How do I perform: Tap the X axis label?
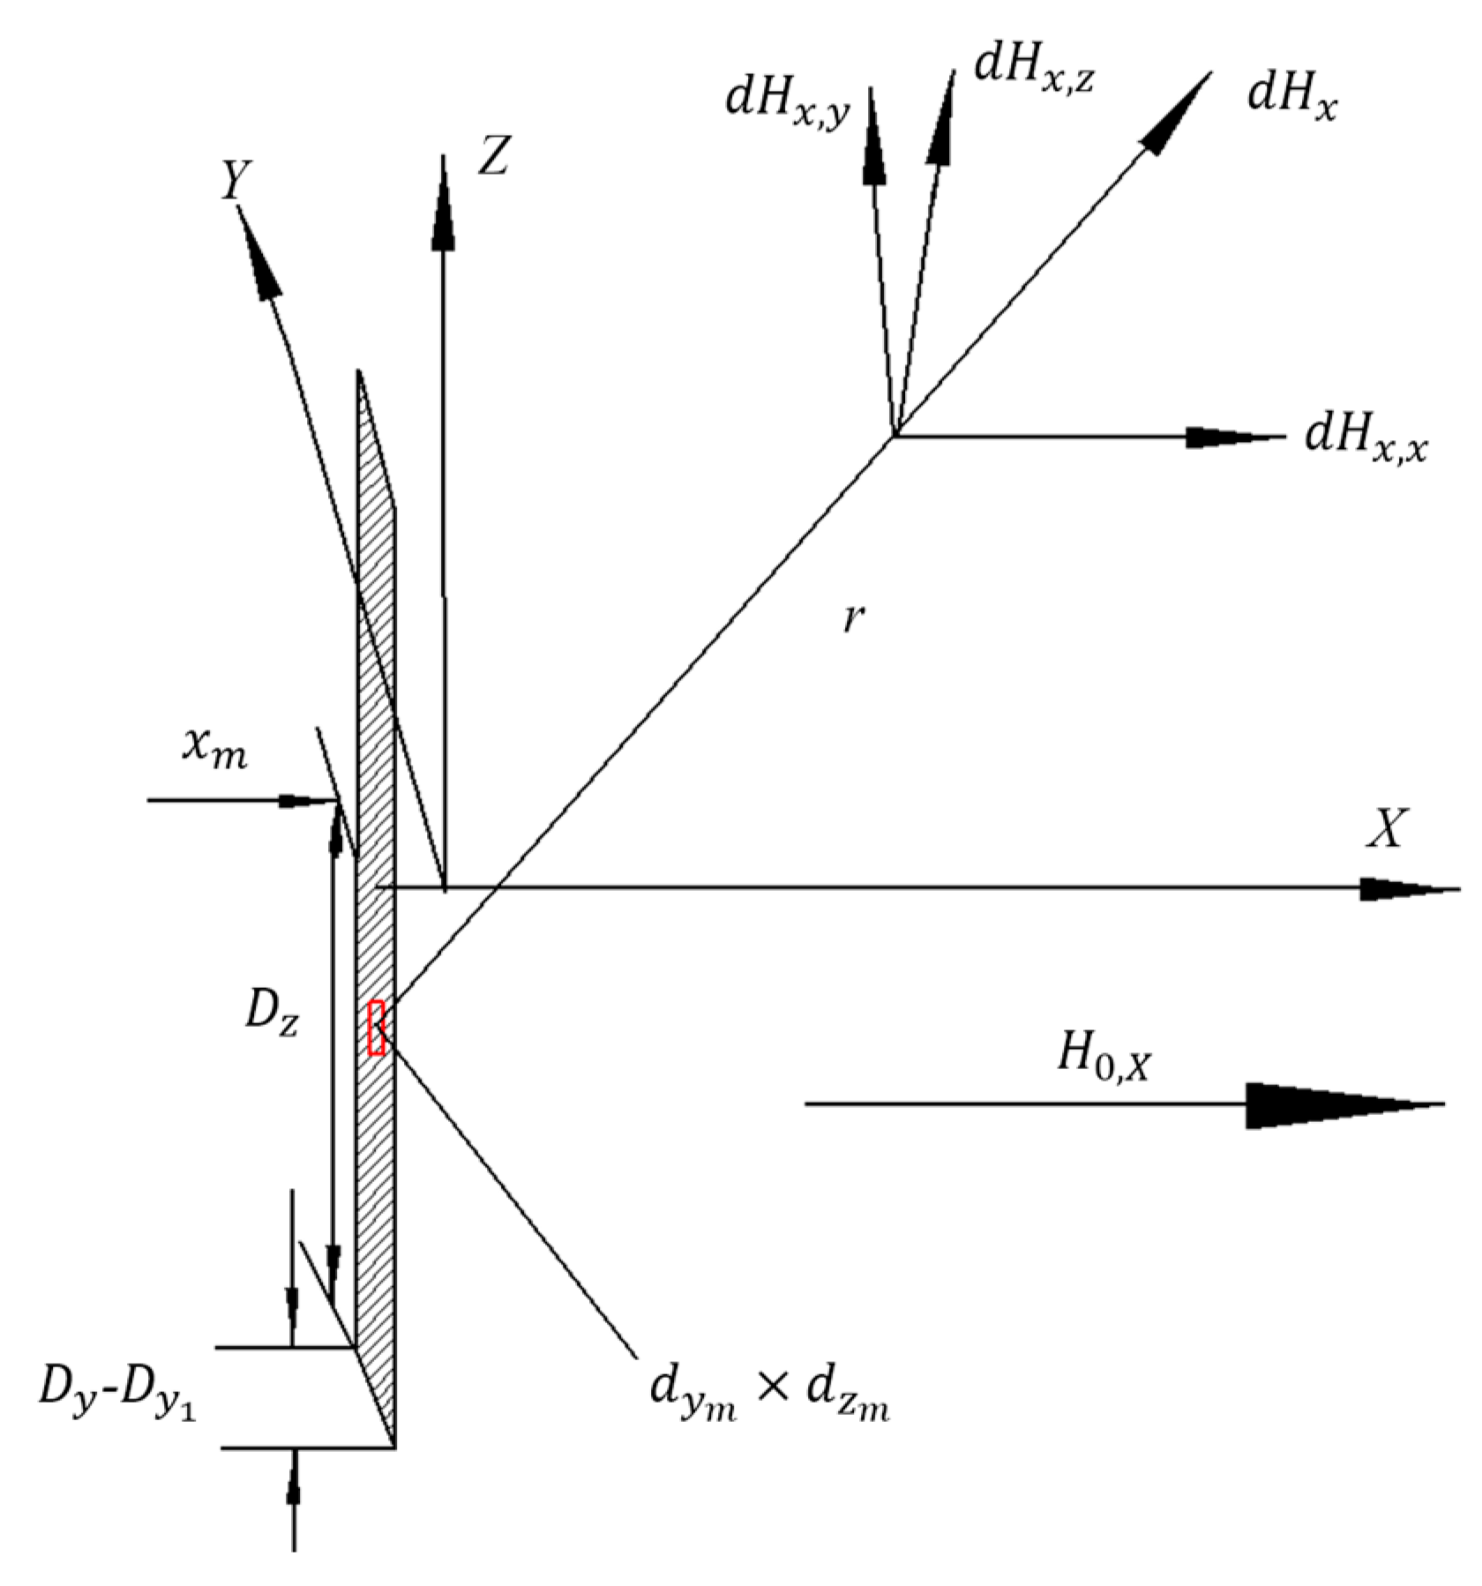(x=1385, y=829)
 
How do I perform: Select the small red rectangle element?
(x=377, y=1027)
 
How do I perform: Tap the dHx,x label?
(x=1366, y=438)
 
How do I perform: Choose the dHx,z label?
(x=1033, y=70)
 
